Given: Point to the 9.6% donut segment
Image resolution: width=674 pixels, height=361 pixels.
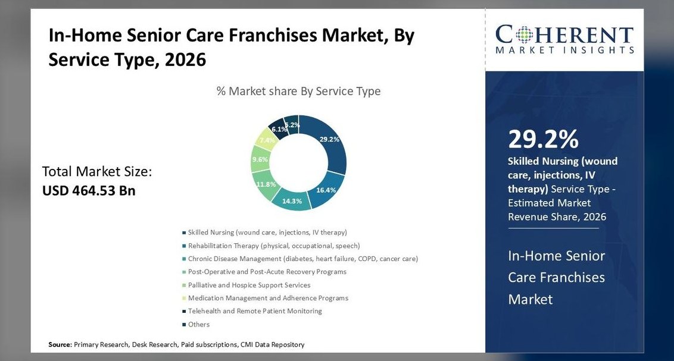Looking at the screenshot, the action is (260, 159).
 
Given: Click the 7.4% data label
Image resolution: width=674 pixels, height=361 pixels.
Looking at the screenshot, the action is (267, 140).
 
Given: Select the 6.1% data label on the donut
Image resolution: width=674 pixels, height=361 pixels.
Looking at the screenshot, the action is (279, 129).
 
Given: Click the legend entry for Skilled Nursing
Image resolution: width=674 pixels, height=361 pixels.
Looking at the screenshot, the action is (264, 232).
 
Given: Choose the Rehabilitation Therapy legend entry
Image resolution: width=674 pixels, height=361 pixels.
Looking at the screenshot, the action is (271, 246).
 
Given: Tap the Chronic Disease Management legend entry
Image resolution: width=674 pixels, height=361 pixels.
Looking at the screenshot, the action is (300, 258).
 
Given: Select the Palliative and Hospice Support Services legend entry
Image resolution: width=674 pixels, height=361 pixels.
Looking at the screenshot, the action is (246, 285).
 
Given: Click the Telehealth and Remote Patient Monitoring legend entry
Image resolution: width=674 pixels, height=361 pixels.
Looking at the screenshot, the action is (252, 311).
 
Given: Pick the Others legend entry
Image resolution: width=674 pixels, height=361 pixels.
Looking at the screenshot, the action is (195, 324).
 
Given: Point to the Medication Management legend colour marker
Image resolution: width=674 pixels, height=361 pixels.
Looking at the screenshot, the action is (184, 298).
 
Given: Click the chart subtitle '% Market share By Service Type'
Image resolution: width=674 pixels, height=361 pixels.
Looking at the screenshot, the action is (299, 91).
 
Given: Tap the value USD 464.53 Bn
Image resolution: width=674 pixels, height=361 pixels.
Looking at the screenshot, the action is (89, 190).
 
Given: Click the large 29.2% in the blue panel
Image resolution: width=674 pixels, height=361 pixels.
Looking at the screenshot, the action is (544, 139).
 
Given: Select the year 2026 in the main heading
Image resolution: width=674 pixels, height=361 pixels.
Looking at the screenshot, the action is (185, 59).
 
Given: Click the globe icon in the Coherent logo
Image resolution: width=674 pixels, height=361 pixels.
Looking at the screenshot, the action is (524, 34).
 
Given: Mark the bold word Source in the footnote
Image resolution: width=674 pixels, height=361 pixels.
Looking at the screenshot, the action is (60, 344).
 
